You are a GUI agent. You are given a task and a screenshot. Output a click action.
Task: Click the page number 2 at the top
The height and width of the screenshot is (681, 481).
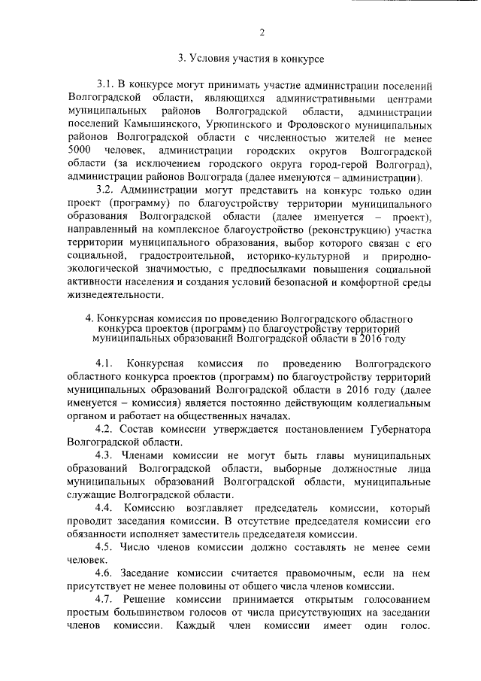coord(261,32)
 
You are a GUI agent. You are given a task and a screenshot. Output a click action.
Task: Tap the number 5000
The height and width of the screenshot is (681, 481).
coord(80,152)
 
